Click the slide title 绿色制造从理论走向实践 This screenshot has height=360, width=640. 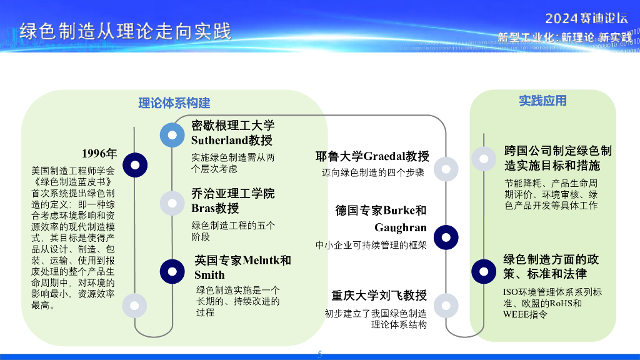coord(125,31)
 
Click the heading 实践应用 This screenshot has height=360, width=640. coord(542,101)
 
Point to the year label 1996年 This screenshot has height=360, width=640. coord(99,154)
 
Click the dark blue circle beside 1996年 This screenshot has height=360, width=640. coord(135,164)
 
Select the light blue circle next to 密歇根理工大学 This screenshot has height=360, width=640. coord(172,135)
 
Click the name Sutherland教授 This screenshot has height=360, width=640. coord(232,140)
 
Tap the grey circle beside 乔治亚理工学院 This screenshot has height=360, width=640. coord(172,203)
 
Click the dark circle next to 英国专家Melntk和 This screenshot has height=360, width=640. coord(172,271)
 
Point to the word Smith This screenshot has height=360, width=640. coord(209,275)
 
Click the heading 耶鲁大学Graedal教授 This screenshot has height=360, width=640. coord(372,156)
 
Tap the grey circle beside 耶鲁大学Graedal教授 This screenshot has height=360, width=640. coord(446,169)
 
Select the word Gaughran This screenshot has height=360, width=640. coord(401,227)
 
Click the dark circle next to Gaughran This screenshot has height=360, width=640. coord(446,237)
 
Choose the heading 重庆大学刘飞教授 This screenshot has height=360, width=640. coord(379,296)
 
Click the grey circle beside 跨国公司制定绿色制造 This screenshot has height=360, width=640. coord(484,159)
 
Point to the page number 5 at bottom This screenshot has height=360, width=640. coord(320,354)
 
